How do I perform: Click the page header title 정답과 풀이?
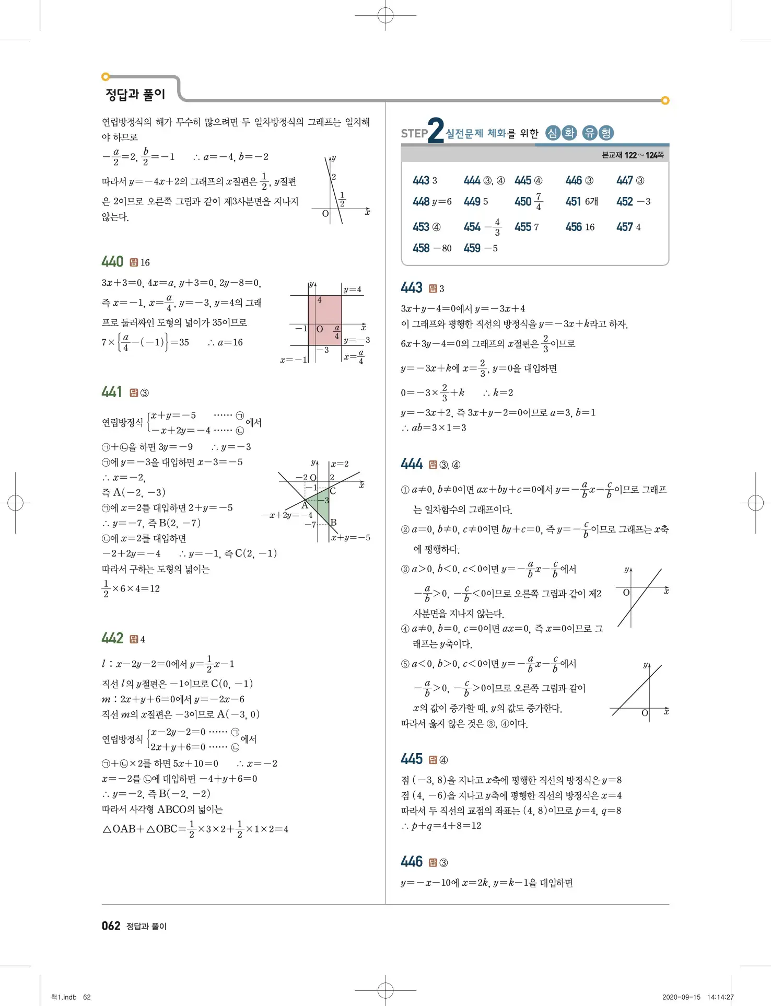click(x=135, y=95)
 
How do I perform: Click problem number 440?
click(x=112, y=262)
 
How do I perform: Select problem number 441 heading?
click(x=112, y=392)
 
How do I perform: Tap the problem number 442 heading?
click(x=112, y=638)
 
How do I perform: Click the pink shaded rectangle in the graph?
click(x=324, y=320)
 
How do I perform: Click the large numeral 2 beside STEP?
click(x=435, y=131)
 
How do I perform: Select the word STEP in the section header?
click(x=414, y=134)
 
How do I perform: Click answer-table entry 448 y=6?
click(x=432, y=202)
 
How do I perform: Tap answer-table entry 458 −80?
click(x=432, y=248)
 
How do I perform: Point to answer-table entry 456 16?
click(x=580, y=227)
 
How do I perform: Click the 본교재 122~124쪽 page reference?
click(x=632, y=155)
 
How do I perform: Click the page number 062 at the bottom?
click(x=111, y=926)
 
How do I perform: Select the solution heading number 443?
click(x=412, y=287)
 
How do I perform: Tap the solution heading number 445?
click(x=412, y=759)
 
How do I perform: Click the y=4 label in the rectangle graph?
click(x=352, y=290)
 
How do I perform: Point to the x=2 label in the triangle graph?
click(x=340, y=464)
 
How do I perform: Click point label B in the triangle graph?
click(x=334, y=522)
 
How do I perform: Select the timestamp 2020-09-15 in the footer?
click(x=681, y=997)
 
